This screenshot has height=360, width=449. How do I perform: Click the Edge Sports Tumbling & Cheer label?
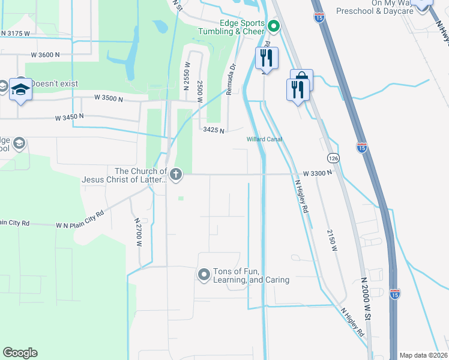tap(234, 27)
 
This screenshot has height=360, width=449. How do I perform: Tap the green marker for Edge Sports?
tap(274, 26)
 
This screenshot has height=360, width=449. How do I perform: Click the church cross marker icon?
tap(175, 175)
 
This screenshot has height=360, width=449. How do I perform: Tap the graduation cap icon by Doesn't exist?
tap(20, 89)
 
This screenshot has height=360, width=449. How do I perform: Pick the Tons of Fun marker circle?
tap(203, 275)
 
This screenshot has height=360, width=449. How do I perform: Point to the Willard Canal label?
tap(264, 140)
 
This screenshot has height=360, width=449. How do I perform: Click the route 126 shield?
tap(333, 158)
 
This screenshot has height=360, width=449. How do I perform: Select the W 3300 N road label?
tap(318, 173)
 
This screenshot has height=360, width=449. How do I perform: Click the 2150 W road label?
tap(331, 239)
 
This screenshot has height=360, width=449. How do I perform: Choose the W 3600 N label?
tap(46, 55)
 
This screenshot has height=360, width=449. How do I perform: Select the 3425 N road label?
tap(214, 130)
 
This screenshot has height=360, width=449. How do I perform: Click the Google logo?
tap(20, 353)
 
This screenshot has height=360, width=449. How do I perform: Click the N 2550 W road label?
tap(187, 73)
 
